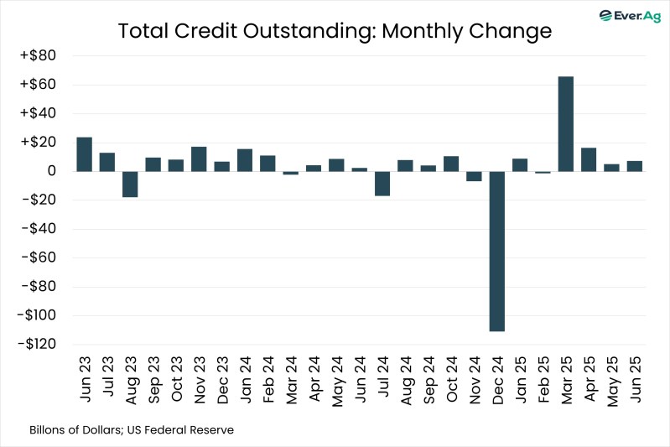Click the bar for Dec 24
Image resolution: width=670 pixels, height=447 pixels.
[496, 251]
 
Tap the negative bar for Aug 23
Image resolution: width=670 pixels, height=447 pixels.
[130, 184]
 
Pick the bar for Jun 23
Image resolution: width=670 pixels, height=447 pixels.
[84, 154]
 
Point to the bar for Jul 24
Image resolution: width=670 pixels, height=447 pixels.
[382, 183]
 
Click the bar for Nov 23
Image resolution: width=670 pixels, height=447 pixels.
[199, 159]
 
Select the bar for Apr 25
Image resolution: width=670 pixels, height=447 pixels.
[589, 159]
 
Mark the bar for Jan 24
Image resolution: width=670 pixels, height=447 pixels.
[245, 159]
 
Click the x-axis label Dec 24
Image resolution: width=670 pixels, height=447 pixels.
[497, 382]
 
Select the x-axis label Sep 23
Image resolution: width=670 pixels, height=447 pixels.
[153, 382]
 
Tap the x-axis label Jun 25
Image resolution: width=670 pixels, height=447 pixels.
[635, 382]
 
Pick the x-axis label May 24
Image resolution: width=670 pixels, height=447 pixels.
[336, 382]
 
